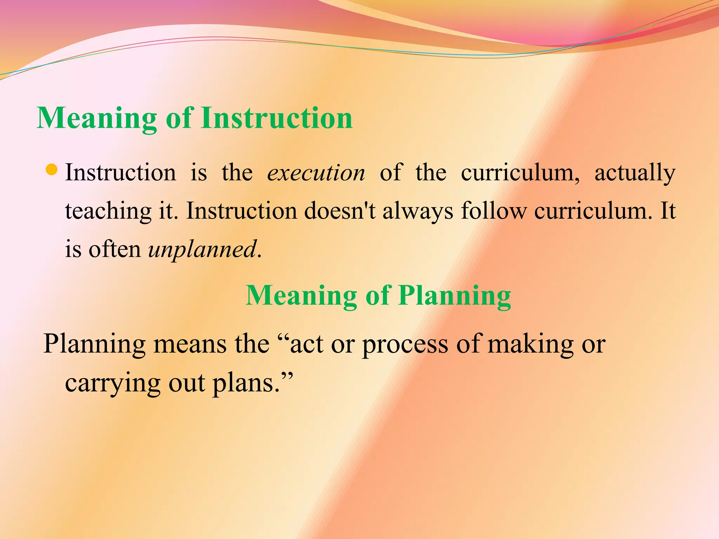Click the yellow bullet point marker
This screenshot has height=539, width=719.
click(x=52, y=170)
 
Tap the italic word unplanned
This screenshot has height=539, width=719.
click(x=202, y=249)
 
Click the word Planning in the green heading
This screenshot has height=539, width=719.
click(x=455, y=295)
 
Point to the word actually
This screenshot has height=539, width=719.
click(x=635, y=173)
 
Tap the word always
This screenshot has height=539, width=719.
click(x=418, y=211)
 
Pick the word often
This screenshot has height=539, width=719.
click(x=114, y=249)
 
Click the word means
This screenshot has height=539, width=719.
click(x=190, y=344)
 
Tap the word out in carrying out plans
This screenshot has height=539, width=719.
click(x=187, y=383)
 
